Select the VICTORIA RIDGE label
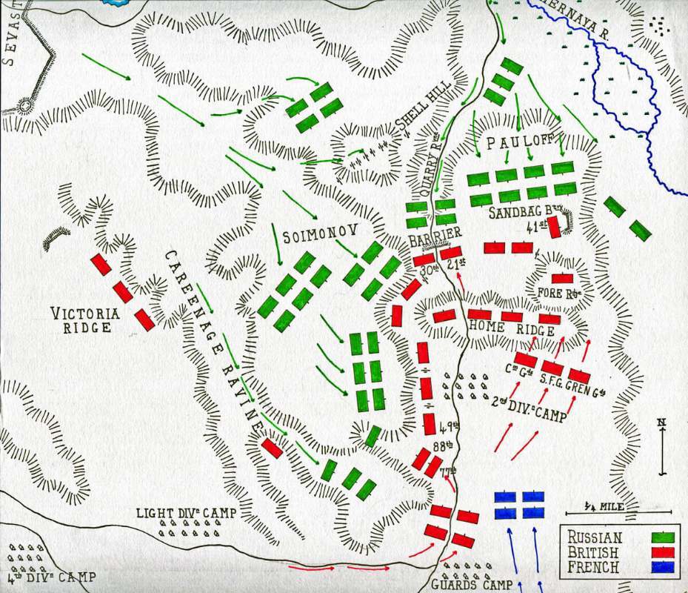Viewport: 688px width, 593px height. pos(87,319)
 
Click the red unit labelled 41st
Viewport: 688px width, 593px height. pos(553,227)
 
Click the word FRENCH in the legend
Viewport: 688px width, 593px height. pos(594,568)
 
